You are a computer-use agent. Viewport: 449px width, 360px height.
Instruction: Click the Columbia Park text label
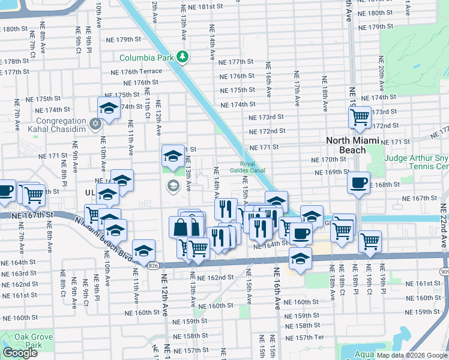146,58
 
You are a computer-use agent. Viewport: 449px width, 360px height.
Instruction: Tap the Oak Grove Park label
20,341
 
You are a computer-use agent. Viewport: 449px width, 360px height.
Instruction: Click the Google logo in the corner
20,353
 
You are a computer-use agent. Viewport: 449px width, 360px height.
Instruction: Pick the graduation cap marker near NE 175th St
109,107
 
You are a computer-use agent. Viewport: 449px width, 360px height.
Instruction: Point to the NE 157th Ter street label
308,337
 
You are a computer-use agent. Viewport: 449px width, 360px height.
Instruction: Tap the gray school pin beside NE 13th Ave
173,185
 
